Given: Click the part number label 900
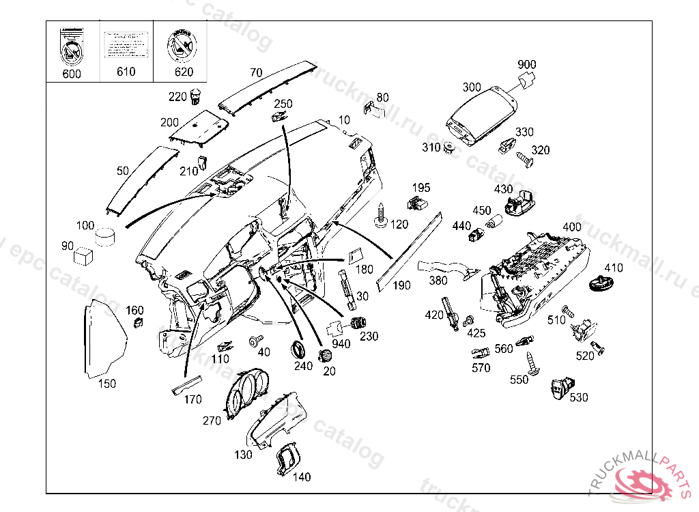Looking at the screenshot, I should (526, 65).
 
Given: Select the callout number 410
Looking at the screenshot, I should (614, 268).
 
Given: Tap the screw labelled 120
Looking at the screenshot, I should (381, 214).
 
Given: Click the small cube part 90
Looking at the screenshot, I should (83, 255).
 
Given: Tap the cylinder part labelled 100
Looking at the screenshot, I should (105, 236).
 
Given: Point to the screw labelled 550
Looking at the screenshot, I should (532, 362).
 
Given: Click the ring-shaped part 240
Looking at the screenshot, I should (298, 349).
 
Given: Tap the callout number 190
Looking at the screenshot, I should (402, 285).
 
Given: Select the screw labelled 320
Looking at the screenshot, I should (526, 159).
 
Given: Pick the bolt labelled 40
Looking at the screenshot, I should (255, 340).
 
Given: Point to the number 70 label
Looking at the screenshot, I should (256, 72).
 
